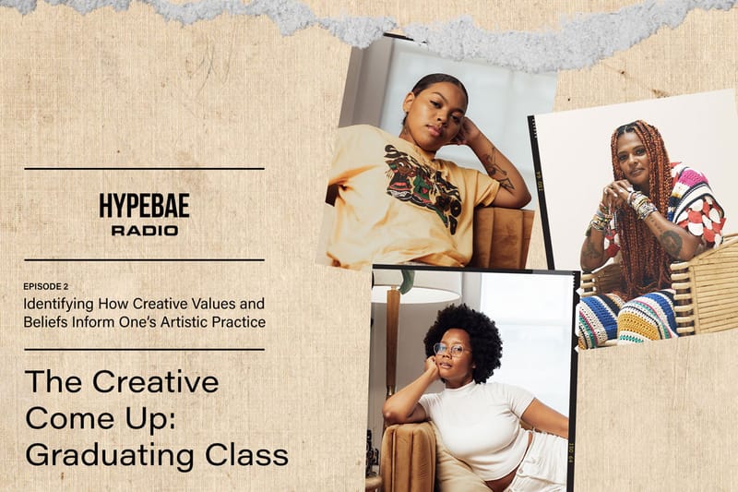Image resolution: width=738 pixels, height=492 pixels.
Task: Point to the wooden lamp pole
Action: coord(393,351)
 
